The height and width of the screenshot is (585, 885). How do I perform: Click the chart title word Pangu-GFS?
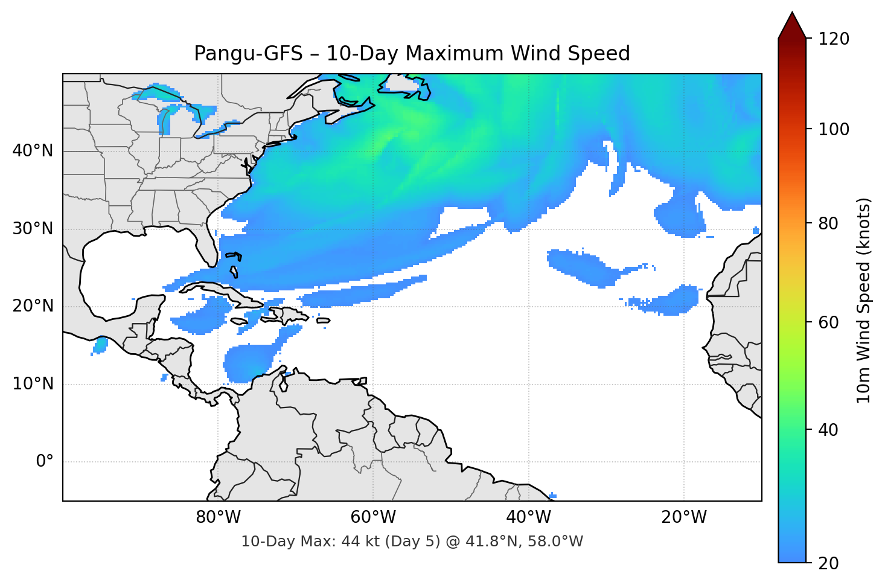tap(248, 54)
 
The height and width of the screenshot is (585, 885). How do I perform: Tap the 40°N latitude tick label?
tap(33, 151)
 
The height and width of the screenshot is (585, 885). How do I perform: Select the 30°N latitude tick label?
tap(33, 229)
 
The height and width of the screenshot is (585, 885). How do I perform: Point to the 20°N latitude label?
tap(33, 306)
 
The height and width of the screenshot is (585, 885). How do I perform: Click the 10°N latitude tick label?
tap(33, 384)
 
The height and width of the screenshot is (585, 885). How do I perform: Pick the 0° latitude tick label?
tap(45, 462)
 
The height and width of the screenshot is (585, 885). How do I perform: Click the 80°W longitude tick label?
tap(218, 517)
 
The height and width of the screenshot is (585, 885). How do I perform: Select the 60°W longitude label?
tap(373, 517)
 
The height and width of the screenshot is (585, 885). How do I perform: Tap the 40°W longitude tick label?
tap(529, 517)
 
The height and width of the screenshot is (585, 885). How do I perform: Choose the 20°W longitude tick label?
tap(684, 517)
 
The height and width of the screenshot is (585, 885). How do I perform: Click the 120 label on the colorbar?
tap(834, 39)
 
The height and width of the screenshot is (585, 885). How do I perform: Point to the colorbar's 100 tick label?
tap(834, 129)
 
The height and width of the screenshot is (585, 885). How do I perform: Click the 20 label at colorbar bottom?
tap(829, 563)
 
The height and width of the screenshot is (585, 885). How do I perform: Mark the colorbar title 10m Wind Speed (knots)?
tap(864, 300)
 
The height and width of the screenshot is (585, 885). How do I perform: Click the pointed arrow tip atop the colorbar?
tap(792, 14)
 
